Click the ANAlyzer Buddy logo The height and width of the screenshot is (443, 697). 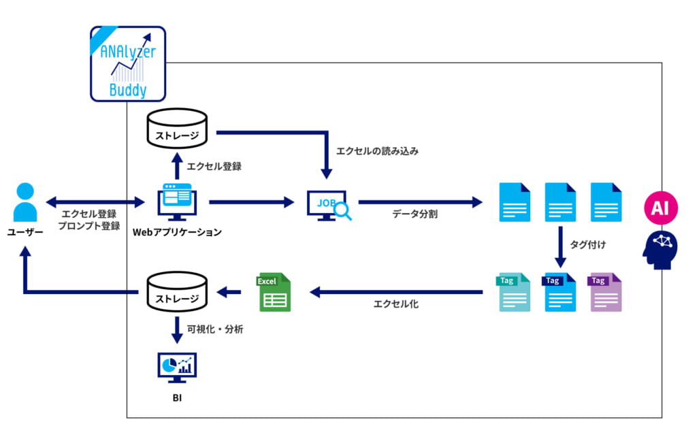pyautogui.click(x=128, y=64)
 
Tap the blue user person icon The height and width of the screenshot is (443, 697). pyautogui.click(x=25, y=202)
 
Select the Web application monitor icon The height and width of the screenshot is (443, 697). pyautogui.click(x=177, y=202)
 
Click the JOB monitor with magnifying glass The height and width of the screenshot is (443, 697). pyautogui.click(x=329, y=206)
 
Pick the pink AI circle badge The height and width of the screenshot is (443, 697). pyautogui.click(x=661, y=208)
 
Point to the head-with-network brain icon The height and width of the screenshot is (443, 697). pyautogui.click(x=660, y=250)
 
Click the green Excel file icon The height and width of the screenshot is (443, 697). pyautogui.click(x=274, y=292)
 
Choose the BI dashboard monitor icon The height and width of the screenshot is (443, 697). pyautogui.click(x=177, y=367)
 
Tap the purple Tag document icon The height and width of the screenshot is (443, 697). pyautogui.click(x=605, y=292)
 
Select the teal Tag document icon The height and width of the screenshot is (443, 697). pyautogui.click(x=514, y=292)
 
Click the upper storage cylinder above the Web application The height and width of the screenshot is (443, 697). pyautogui.click(x=177, y=128)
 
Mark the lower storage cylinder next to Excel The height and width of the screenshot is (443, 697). pyautogui.click(x=177, y=291)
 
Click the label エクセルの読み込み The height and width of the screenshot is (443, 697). pyautogui.click(x=377, y=151)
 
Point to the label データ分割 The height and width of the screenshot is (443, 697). pyautogui.click(x=415, y=214)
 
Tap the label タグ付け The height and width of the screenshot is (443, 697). pyautogui.click(x=587, y=244)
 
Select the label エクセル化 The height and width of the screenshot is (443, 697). pyautogui.click(x=395, y=304)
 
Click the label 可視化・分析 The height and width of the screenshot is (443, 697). pyautogui.click(x=215, y=329)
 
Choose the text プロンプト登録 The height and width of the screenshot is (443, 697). pyautogui.click(x=89, y=226)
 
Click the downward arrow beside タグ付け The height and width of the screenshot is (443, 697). pyautogui.click(x=560, y=247)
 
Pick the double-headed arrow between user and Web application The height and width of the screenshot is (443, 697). pyautogui.click(x=95, y=202)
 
